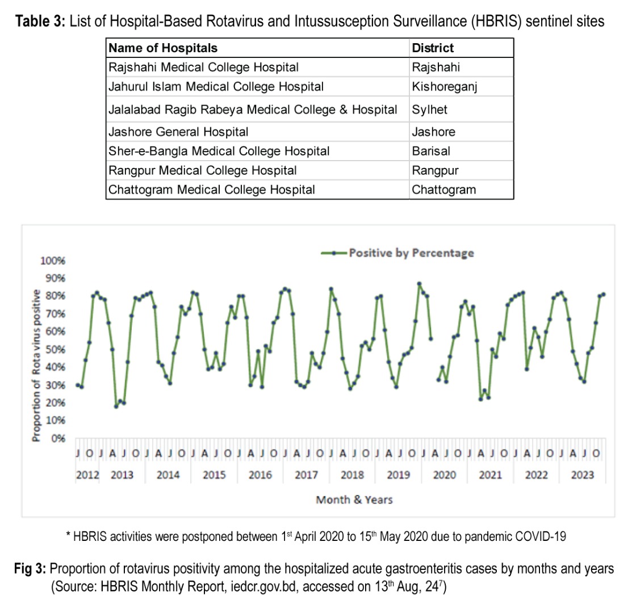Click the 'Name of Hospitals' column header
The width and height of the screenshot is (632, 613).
[x=163, y=48]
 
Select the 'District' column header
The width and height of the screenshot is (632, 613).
[x=433, y=48]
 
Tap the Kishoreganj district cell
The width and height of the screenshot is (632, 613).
[x=447, y=87]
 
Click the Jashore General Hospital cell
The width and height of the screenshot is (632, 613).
[x=178, y=132]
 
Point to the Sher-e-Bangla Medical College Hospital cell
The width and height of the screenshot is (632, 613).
[x=219, y=152]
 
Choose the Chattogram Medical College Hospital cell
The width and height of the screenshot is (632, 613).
[x=211, y=190]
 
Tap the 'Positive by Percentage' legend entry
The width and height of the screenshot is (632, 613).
[x=411, y=253]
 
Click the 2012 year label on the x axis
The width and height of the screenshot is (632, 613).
[x=87, y=475]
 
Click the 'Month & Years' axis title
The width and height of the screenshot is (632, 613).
[x=354, y=500]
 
